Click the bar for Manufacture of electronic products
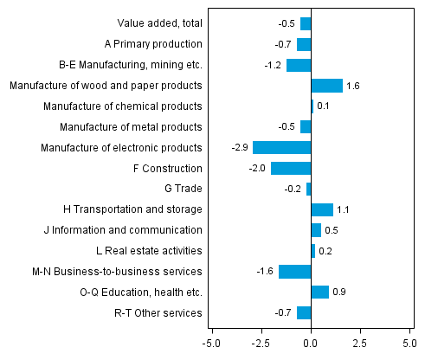point(281,147)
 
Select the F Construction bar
point(291,168)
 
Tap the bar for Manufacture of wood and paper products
point(326,85)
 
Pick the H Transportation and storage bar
point(322,209)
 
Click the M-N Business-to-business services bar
point(294,272)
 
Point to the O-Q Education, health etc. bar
point(319,292)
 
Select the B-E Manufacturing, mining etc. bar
point(299,65)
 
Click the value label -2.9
point(241,148)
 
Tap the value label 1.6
point(353,86)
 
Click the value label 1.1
point(343,210)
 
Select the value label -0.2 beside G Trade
point(294,190)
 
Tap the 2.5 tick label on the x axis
point(360,343)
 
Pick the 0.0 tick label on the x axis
point(311,343)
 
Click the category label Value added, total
point(159,23)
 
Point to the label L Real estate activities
point(149,251)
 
